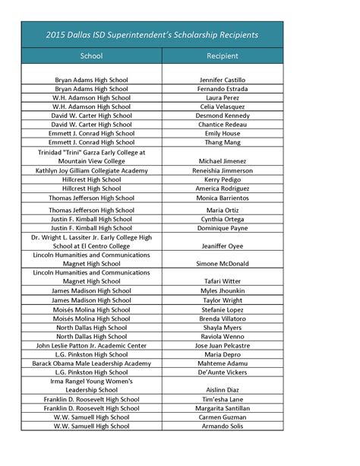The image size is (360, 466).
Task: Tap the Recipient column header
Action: [x=225, y=56]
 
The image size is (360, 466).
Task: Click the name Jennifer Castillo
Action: [x=226, y=80]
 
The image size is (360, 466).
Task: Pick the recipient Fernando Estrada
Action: [x=226, y=89]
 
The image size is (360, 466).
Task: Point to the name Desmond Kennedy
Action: [x=226, y=116]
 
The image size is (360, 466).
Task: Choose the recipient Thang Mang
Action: [x=226, y=142]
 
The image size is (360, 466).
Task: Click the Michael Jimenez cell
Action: [x=226, y=162]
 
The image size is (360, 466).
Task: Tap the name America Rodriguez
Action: [x=226, y=189]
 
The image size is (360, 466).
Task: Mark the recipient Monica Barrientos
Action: [x=226, y=198]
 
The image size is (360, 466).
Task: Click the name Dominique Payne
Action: [x=226, y=228]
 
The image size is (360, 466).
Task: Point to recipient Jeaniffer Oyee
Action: [x=226, y=246]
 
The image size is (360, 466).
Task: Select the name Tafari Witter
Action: [x=226, y=281]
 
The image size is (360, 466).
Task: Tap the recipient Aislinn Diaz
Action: [x=226, y=390]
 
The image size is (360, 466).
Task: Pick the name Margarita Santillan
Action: [x=226, y=408]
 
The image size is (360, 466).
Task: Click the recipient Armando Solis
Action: [x=226, y=426]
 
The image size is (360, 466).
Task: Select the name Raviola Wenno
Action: [x=226, y=336]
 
